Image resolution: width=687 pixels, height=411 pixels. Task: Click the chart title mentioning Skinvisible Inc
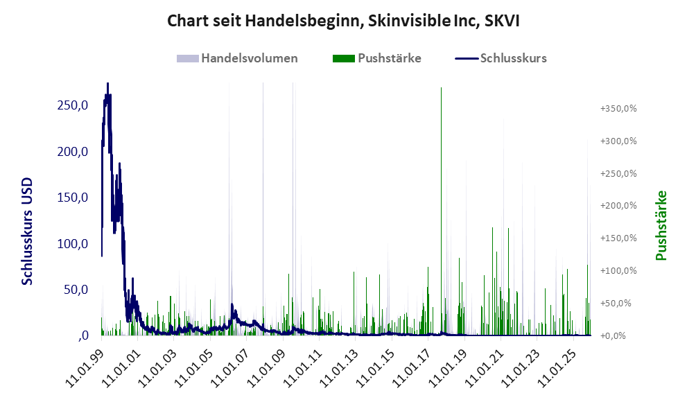[x=343, y=21]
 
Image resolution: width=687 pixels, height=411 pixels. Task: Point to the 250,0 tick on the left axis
[x=73, y=105]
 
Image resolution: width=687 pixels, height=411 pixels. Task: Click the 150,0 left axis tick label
[x=73, y=198]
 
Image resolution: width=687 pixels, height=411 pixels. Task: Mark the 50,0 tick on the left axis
[x=76, y=290]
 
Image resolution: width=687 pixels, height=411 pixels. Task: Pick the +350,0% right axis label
[x=618, y=109]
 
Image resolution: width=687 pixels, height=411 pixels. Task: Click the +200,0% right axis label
[x=618, y=206]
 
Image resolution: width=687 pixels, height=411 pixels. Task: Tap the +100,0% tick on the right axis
[x=618, y=270]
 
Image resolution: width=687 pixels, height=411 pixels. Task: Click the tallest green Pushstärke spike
[x=441, y=89]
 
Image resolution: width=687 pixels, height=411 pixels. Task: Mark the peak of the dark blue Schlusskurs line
[x=107, y=84]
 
